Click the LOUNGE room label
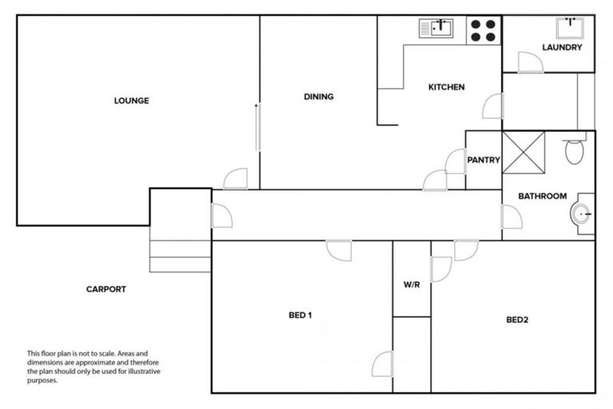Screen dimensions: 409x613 [132, 101]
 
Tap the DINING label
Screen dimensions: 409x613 [318, 97]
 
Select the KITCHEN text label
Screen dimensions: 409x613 [446, 87]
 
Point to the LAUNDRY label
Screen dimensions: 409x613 [562, 47]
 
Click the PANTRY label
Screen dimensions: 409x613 [484, 160]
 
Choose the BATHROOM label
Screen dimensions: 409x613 [543, 196]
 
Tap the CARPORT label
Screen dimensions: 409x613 [106, 289]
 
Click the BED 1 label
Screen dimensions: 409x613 [299, 315]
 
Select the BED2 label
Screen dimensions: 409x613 [518, 320]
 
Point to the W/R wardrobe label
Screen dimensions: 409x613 [412, 284]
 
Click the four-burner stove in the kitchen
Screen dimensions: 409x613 [481, 30]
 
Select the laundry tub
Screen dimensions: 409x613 [572, 26]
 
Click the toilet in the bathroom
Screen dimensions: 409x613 [575, 149]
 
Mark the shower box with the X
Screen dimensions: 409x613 [522, 152]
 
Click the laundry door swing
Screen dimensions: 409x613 [529, 62]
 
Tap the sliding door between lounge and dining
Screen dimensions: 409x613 [257, 126]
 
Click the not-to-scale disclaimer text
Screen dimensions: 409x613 [88, 367]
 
